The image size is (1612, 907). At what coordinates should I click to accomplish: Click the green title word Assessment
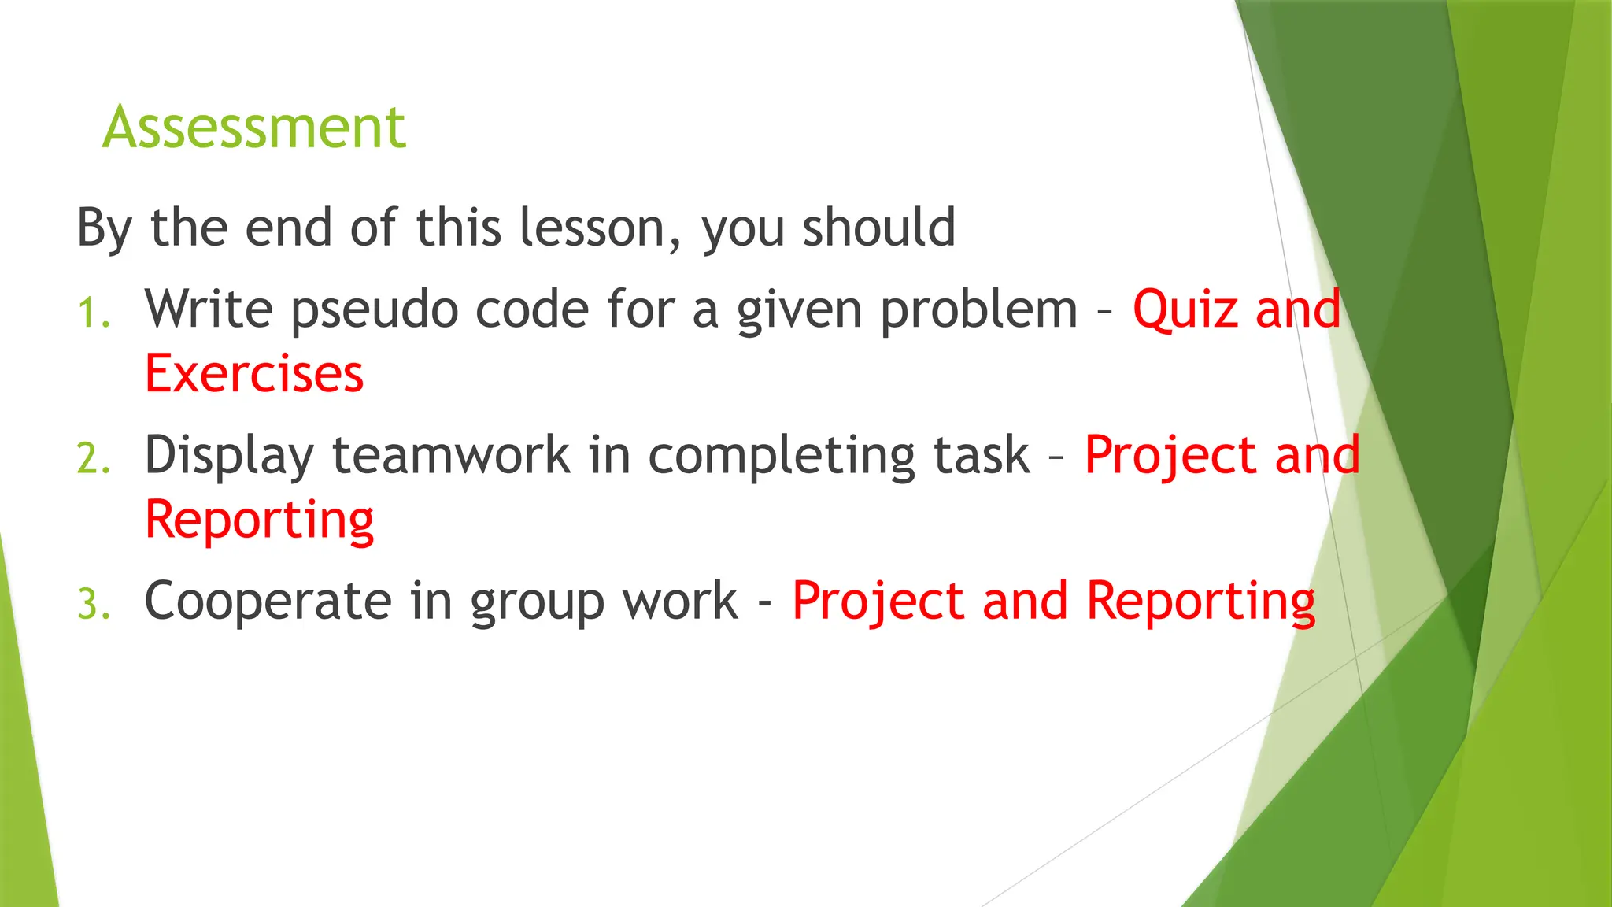[x=253, y=128]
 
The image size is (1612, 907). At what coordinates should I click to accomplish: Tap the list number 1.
[x=93, y=313]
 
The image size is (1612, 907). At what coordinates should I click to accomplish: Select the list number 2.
[x=93, y=459]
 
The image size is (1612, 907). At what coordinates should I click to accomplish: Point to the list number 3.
[x=93, y=605]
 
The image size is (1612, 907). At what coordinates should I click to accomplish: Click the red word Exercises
[x=254, y=373]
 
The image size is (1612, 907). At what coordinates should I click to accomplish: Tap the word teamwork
[x=451, y=455]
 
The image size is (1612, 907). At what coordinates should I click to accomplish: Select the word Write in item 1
[x=209, y=309]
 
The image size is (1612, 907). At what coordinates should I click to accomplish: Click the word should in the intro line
[x=878, y=228]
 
